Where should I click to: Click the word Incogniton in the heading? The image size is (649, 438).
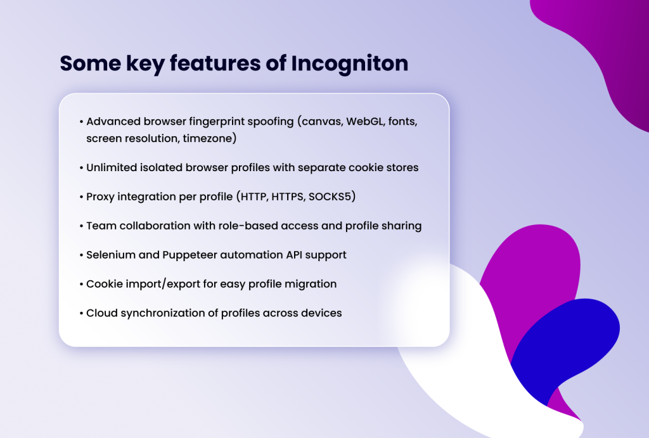pos(349,65)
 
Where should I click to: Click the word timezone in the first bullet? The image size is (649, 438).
pos(209,138)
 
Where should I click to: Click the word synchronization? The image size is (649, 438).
pos(164,313)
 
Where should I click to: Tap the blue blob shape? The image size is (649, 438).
pos(570,342)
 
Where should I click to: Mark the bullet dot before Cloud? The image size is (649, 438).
pos(81,313)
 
